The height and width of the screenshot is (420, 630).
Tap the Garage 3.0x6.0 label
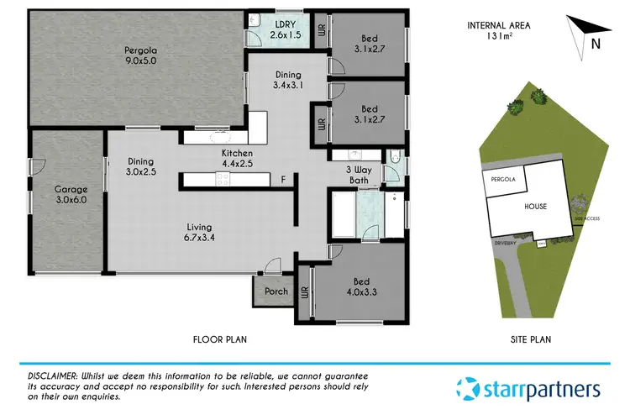(71, 195)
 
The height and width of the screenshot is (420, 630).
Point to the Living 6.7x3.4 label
(200, 233)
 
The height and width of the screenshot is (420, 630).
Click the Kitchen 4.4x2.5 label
(238, 158)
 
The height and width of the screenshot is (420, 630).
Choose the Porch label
(276, 291)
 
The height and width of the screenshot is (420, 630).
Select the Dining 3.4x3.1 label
(287, 80)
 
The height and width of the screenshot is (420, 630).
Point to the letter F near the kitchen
(283, 180)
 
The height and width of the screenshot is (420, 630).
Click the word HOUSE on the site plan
(535, 206)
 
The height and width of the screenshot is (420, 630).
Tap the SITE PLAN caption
(529, 339)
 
